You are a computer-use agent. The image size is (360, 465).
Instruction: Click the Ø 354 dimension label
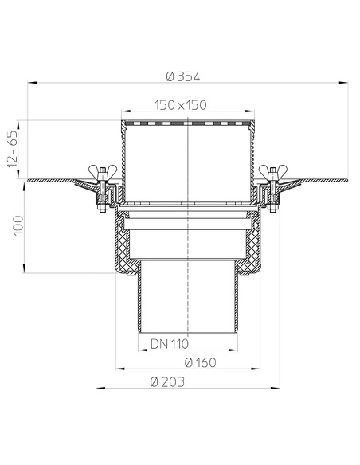coord(182,76)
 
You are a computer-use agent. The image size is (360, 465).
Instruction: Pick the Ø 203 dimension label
coord(169,383)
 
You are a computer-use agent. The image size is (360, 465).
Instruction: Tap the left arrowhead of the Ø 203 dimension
coord(99,389)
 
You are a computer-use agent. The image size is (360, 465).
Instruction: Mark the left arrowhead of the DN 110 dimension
coord(132,351)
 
